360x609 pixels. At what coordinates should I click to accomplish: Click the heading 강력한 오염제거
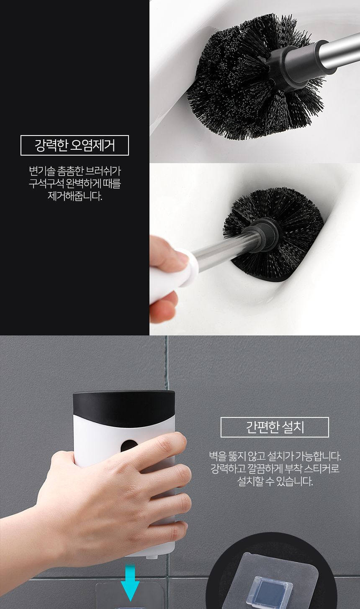tap(75, 146)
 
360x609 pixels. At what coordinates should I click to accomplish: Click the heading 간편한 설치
tap(275, 427)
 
